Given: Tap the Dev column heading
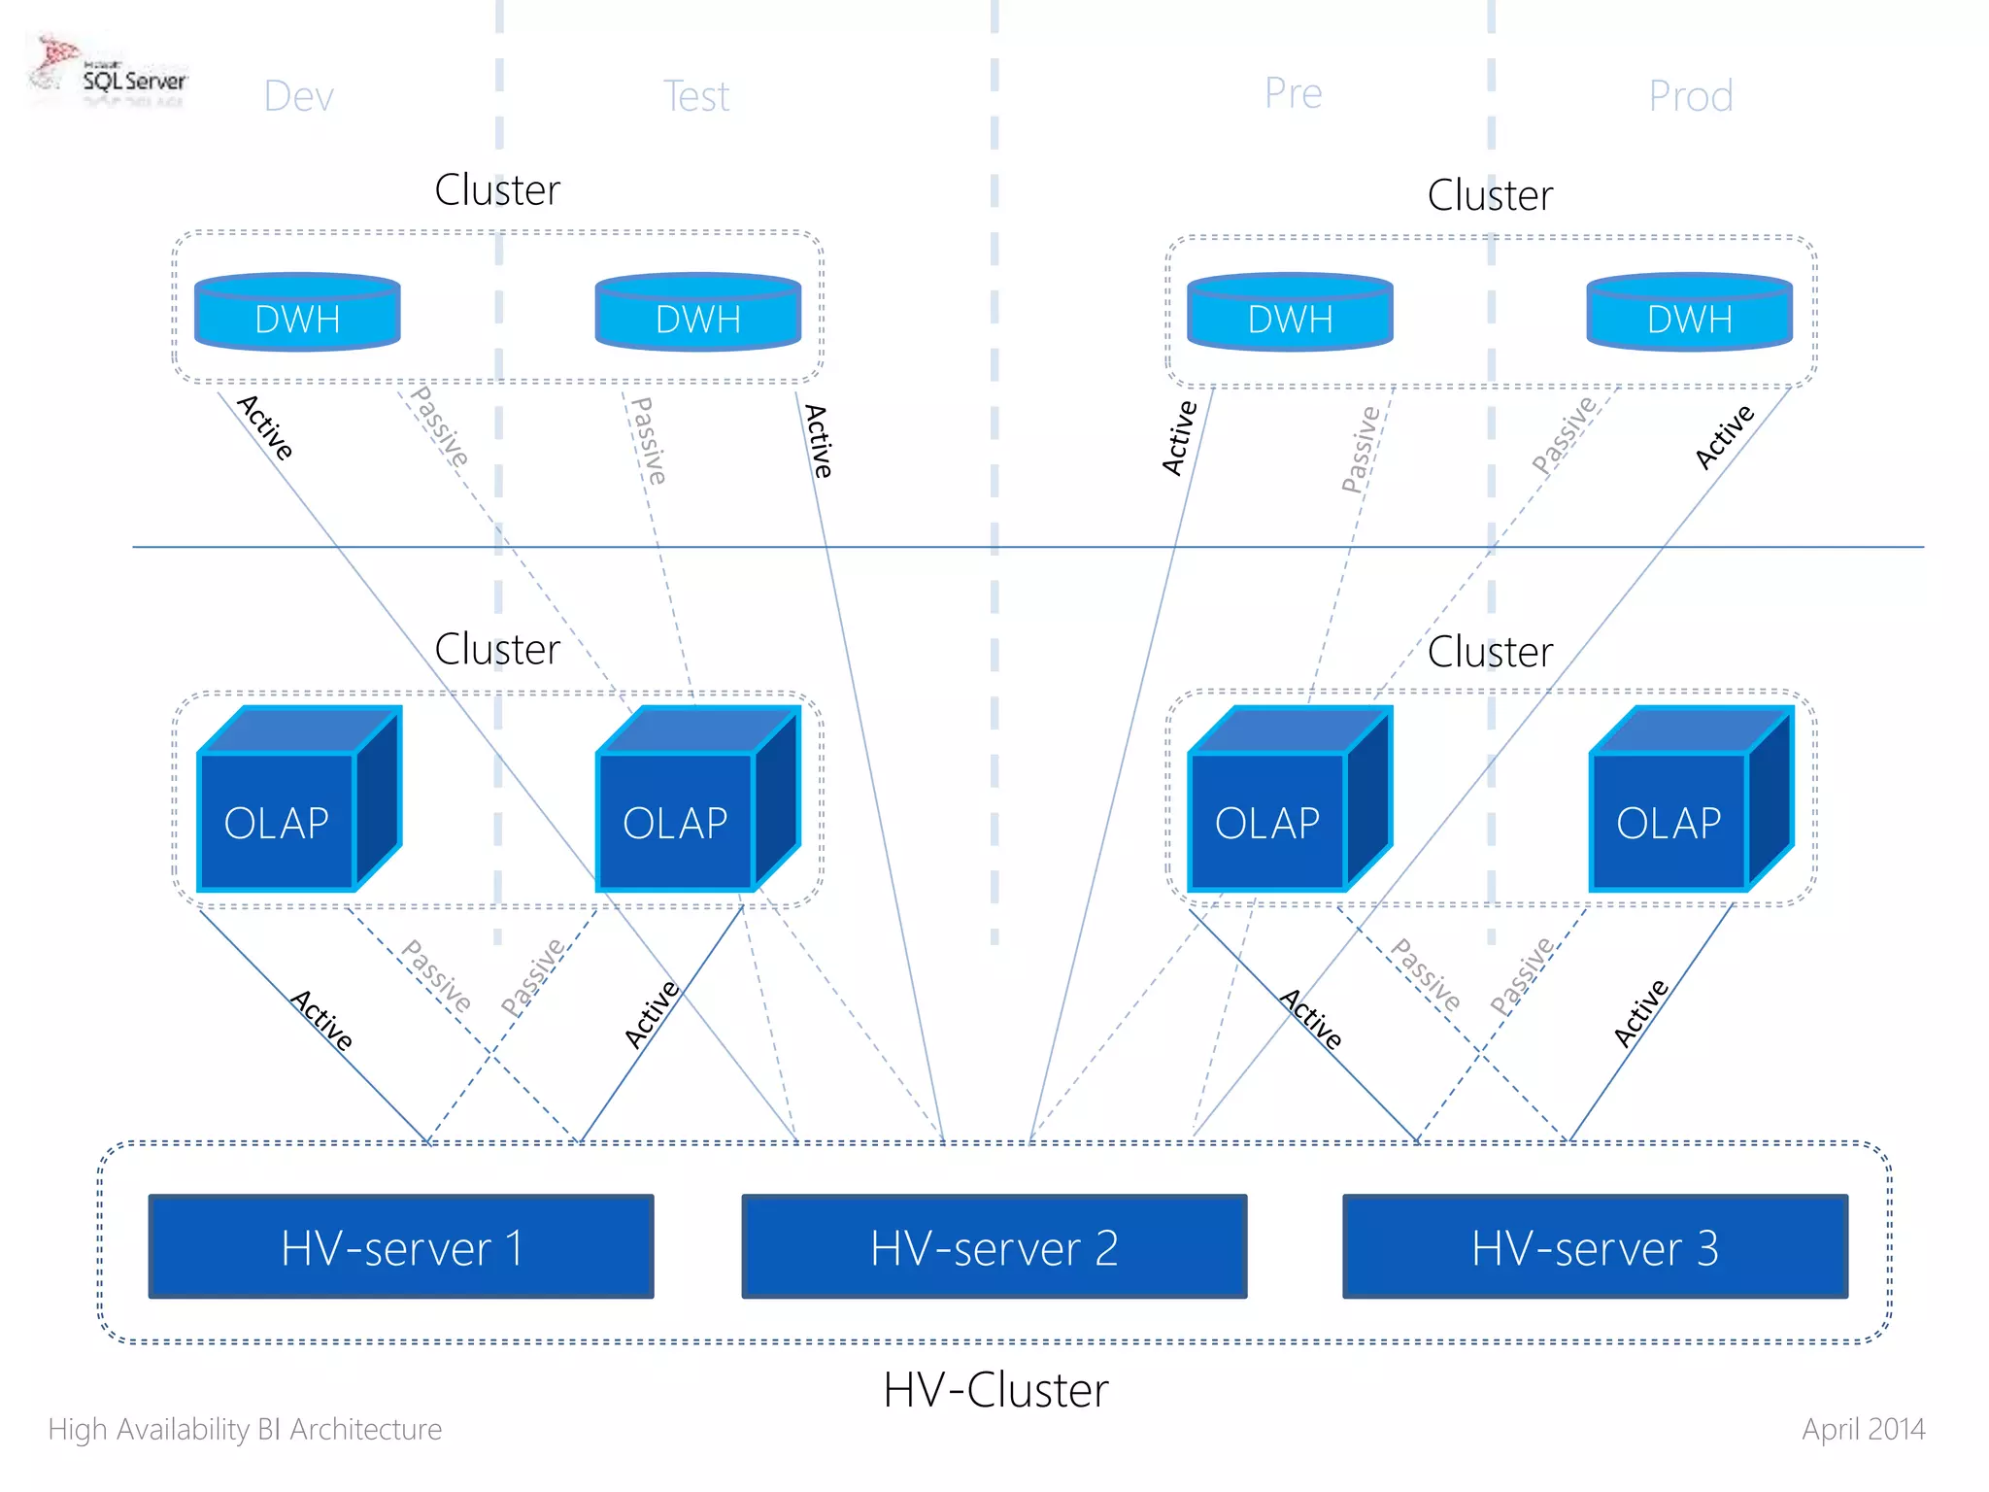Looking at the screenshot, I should (x=298, y=96).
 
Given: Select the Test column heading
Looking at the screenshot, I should (x=695, y=96).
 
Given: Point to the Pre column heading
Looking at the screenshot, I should (x=1293, y=93).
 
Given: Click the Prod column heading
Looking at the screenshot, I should (x=1690, y=96).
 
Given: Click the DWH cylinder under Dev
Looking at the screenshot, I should (x=297, y=313).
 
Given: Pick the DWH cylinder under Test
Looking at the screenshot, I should (x=697, y=313).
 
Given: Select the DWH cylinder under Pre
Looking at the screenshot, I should (x=1290, y=313).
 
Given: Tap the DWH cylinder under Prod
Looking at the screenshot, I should (x=1689, y=313).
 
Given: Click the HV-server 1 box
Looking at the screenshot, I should (x=401, y=1246).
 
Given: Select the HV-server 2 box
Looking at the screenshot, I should (x=994, y=1246).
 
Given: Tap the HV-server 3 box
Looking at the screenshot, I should (x=1595, y=1246).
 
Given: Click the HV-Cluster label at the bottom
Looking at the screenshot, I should (x=995, y=1389).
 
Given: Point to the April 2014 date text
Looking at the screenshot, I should (x=1863, y=1429).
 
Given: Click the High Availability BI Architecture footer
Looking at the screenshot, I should (x=245, y=1429).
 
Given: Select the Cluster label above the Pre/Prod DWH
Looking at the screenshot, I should (x=1490, y=195).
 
